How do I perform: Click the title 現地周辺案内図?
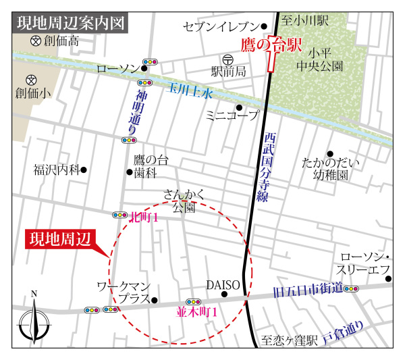pyautogui.click(x=70, y=23)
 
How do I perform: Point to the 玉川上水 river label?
pyautogui.click(x=190, y=90)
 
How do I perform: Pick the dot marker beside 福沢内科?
pyautogui.click(x=84, y=170)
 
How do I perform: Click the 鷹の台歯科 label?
pyautogui.click(x=150, y=166)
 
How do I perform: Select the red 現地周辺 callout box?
pyautogui.click(x=60, y=240)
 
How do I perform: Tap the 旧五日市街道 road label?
pyautogui.click(x=307, y=291)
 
